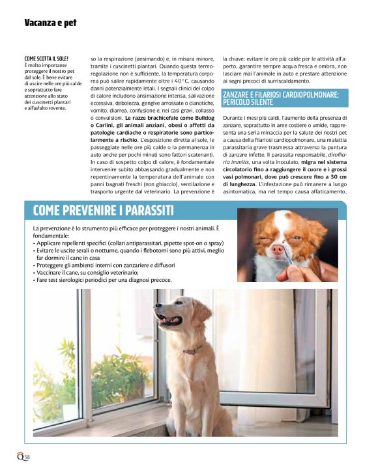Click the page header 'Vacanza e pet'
pos(50,23)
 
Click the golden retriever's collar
pos(192,351)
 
